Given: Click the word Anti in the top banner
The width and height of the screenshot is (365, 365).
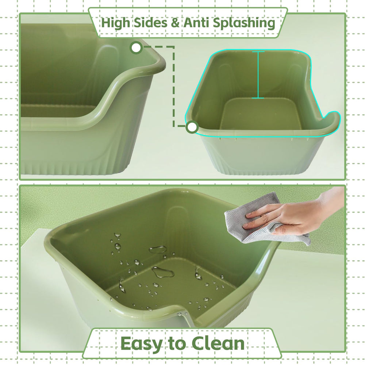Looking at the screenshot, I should [196, 23].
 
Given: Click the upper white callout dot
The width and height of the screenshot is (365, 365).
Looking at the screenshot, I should [136, 47].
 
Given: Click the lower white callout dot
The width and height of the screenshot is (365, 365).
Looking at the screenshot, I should [192, 127].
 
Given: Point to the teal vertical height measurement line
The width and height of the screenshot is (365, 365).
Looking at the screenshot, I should [258, 75].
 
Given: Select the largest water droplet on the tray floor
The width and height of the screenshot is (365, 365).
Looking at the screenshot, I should [163, 272].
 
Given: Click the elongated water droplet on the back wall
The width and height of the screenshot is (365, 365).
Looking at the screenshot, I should [158, 249].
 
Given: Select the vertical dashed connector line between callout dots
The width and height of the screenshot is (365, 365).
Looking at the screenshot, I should [174, 88].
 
